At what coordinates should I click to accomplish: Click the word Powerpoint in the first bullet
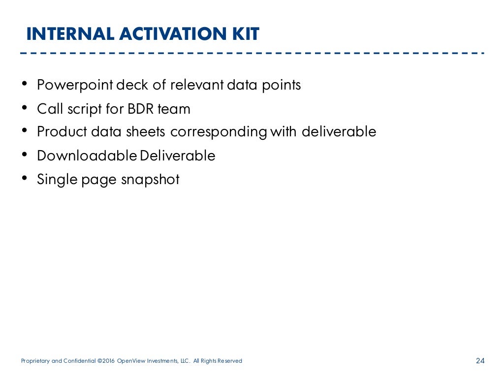tap(75, 85)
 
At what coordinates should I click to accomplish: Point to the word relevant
tap(197, 85)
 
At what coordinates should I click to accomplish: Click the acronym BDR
tap(141, 109)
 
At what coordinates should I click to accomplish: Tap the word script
tap(86, 109)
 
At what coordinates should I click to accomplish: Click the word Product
tap(61, 132)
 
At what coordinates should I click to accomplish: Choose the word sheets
tap(146, 132)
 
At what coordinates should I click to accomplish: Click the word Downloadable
tap(87, 156)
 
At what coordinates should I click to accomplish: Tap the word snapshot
tap(150, 180)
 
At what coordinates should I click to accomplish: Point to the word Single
tap(55, 180)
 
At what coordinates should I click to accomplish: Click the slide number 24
tap(480, 361)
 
